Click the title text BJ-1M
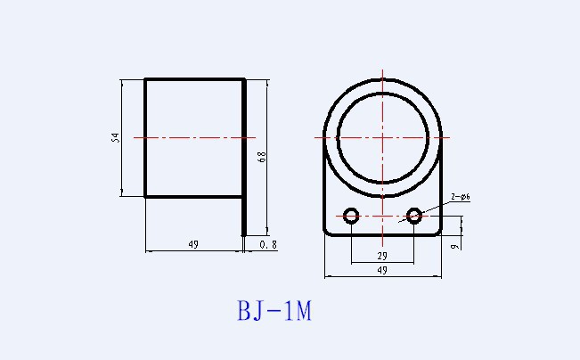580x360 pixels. pyautogui.click(x=274, y=310)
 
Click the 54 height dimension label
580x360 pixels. pyautogui.click(x=116, y=138)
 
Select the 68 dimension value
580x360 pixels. pyautogui.click(x=262, y=157)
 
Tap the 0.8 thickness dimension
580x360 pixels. pyautogui.click(x=268, y=244)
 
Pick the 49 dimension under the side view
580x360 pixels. pyautogui.click(x=193, y=244)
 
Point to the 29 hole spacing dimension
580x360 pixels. pyautogui.click(x=382, y=256)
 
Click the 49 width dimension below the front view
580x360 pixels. pyautogui.click(x=382, y=270)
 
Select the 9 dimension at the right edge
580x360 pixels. pyautogui.click(x=455, y=246)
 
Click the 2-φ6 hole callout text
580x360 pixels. pyautogui.click(x=461, y=197)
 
